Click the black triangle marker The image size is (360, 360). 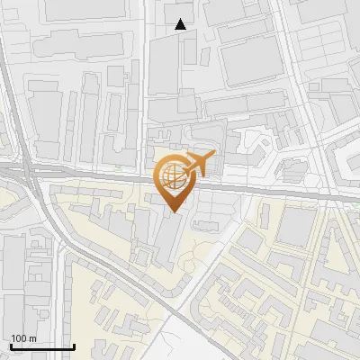[181, 24]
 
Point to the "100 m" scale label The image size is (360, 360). [23, 338]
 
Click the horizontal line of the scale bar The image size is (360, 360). [42, 346]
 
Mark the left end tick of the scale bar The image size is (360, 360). [11, 345]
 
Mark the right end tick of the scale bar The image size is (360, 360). [74, 345]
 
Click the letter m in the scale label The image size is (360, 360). [32, 338]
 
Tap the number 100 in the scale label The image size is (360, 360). [19, 338]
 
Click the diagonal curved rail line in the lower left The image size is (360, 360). [90, 261]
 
